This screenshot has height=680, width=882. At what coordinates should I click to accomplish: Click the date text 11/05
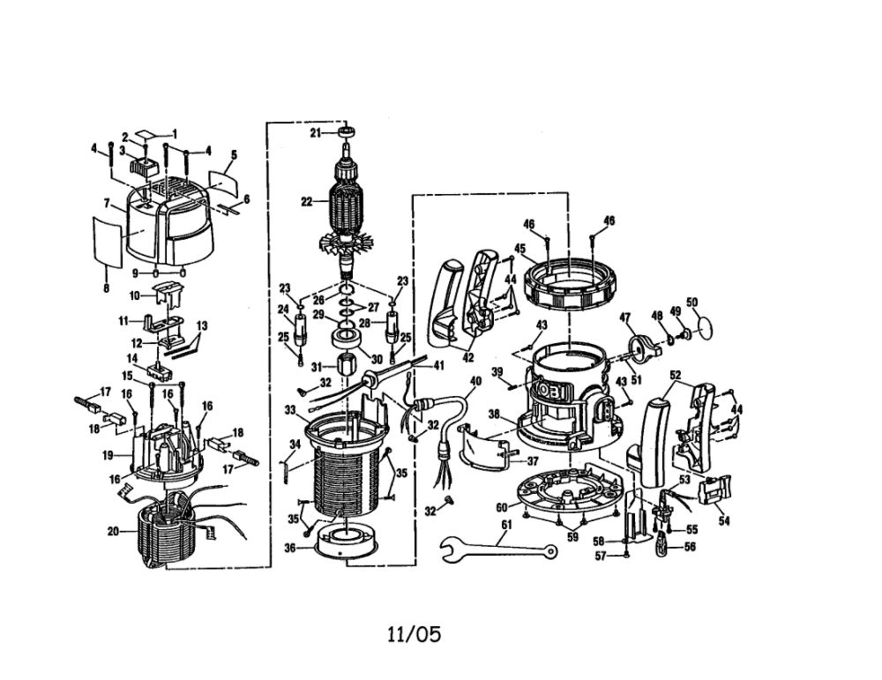414,634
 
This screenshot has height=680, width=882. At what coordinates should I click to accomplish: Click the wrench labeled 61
497,547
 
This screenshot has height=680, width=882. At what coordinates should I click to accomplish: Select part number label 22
307,202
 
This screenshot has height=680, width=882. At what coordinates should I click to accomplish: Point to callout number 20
114,530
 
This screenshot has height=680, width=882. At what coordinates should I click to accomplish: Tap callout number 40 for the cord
476,381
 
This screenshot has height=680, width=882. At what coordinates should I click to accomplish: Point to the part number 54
724,521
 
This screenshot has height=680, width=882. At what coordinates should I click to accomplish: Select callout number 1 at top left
175,133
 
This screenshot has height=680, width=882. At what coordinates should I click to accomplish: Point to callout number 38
494,415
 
